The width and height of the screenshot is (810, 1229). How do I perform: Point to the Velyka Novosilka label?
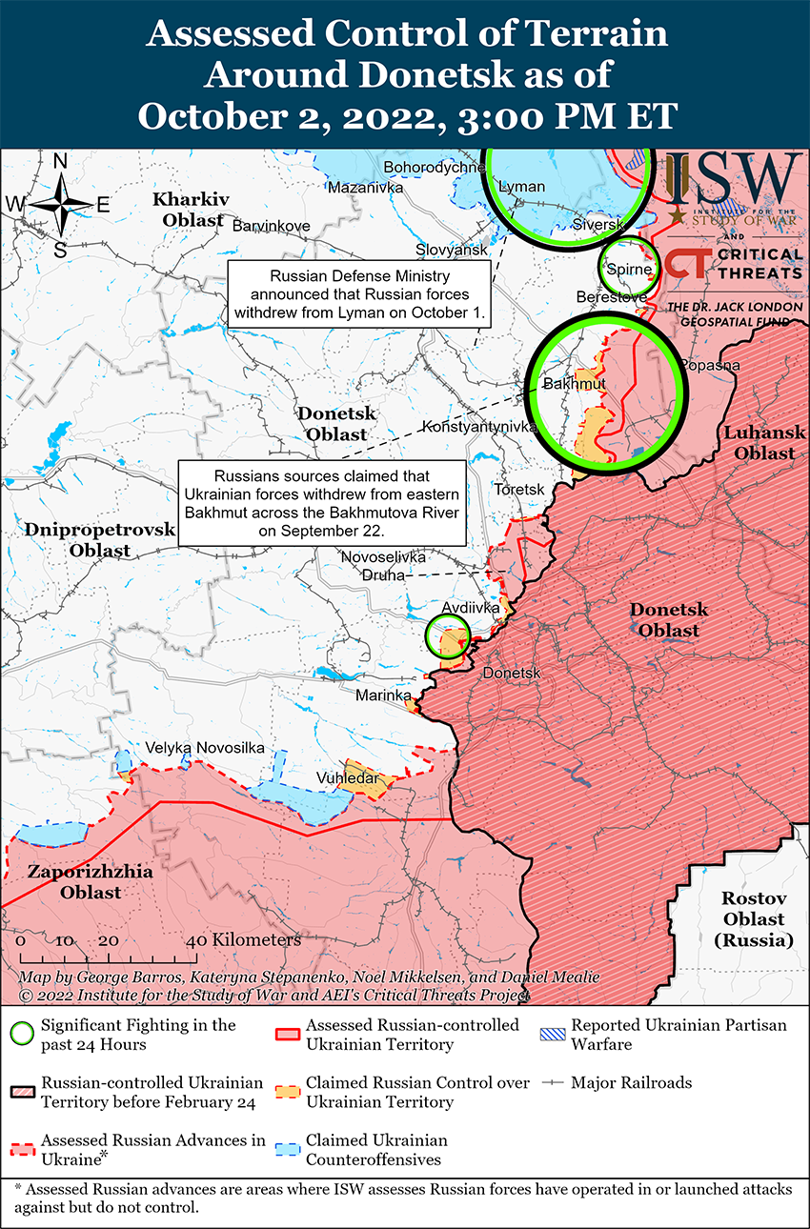coord(204,749)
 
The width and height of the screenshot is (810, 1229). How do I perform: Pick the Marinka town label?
coord(383,695)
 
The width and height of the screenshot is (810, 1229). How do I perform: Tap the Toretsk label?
coord(519,490)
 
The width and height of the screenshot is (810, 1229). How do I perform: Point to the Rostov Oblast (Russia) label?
coord(753,919)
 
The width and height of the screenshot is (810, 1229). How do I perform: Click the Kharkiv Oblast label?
coord(192,210)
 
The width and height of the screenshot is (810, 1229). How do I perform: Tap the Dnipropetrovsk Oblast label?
coord(100,540)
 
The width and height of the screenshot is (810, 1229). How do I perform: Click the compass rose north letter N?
coord(59,162)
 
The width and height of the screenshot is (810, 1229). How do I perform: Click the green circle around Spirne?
coord(629,268)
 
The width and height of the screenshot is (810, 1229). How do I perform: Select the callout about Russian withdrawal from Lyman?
coord(360,294)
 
